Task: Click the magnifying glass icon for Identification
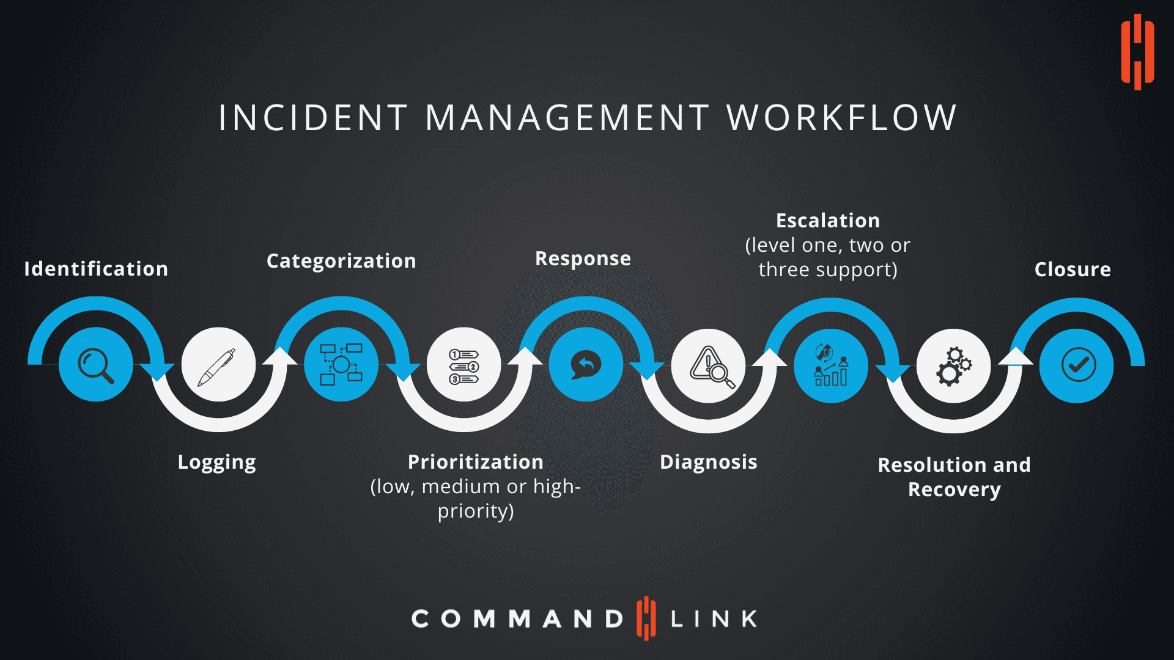point(96,365)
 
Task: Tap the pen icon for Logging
point(218,365)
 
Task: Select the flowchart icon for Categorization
point(341,365)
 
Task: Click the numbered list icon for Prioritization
point(464,365)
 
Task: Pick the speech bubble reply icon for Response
point(586,365)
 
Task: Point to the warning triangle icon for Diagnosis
point(709,365)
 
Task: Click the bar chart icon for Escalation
point(831,365)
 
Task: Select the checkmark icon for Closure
point(1077,365)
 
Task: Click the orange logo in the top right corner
point(1137,52)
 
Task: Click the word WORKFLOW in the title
point(841,117)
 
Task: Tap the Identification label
point(96,269)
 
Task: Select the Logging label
point(216,462)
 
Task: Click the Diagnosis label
point(708,462)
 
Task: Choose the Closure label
point(1072,269)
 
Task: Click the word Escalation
point(828,221)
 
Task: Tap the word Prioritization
point(476,462)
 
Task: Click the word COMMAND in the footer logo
point(517,619)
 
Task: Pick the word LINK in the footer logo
point(714,619)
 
